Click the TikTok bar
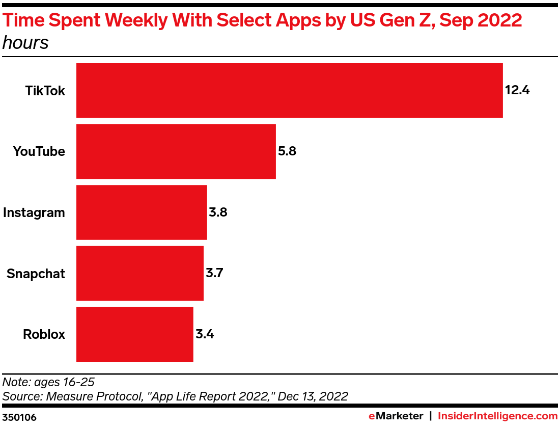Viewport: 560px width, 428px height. pos(289,91)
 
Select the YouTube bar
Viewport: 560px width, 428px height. pos(176,151)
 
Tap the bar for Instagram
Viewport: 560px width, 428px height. pos(142,212)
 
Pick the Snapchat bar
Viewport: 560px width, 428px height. pos(139,274)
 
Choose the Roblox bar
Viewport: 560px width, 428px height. pos(134,334)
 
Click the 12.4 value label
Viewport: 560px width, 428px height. pos(517,91)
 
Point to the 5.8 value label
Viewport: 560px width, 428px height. pos(287,151)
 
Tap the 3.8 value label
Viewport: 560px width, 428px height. pos(218,212)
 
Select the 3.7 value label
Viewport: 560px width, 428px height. pos(214,274)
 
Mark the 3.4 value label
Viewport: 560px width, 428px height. pos(204,335)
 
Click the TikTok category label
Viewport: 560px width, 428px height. pos(45,91)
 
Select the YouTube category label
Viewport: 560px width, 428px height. pos(39,151)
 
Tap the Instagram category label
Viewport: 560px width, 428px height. pos(34,212)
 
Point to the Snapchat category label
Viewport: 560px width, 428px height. pos(36,274)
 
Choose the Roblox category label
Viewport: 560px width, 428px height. pos(44,335)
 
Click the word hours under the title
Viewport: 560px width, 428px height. pos(25,43)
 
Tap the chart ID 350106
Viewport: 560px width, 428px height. pos(19,417)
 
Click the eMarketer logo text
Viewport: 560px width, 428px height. pos(396,416)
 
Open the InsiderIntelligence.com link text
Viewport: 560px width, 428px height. pos(497,416)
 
